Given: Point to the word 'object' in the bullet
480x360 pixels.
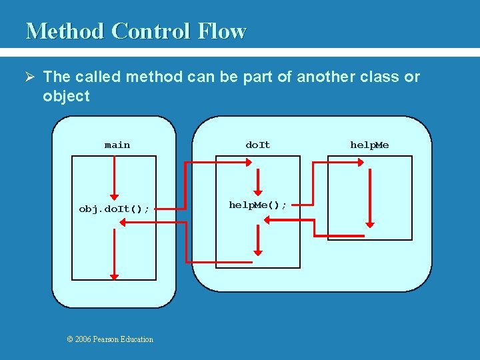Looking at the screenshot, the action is pos(66,96).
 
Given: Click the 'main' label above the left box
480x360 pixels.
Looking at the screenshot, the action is pos(117,145).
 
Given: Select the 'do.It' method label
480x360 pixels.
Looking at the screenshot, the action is pos(258,145).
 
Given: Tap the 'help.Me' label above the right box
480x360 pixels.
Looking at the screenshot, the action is pos(370,145).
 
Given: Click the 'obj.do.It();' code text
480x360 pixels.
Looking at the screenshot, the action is pos(114,209).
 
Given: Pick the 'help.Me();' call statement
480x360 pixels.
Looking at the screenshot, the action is pos(258,205).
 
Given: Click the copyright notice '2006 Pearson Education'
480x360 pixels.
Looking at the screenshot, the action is pos(110,339).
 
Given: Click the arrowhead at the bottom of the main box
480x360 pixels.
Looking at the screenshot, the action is pos(115,276).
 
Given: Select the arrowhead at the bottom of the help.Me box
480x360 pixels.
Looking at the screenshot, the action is pos(370,225).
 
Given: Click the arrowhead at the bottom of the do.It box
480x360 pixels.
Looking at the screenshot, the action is pos(258,253).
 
